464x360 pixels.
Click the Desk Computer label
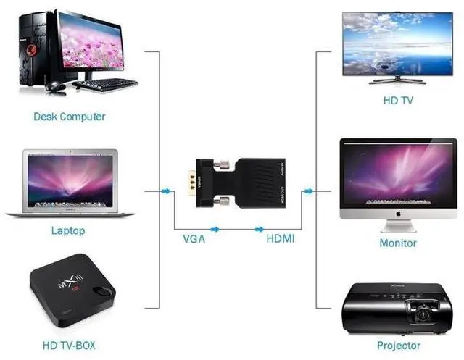[x=69, y=117]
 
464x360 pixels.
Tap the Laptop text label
[x=68, y=231]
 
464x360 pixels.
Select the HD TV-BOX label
[x=68, y=346]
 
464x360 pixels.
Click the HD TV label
[x=398, y=101]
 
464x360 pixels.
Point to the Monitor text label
[x=398, y=243]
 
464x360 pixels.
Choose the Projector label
[x=399, y=346]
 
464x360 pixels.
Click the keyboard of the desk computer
[x=104, y=84]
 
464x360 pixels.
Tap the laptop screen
[x=70, y=179]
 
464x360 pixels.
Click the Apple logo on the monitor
[x=398, y=215]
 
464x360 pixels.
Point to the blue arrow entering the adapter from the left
[x=167, y=191]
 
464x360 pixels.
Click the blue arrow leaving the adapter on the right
[x=309, y=191]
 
